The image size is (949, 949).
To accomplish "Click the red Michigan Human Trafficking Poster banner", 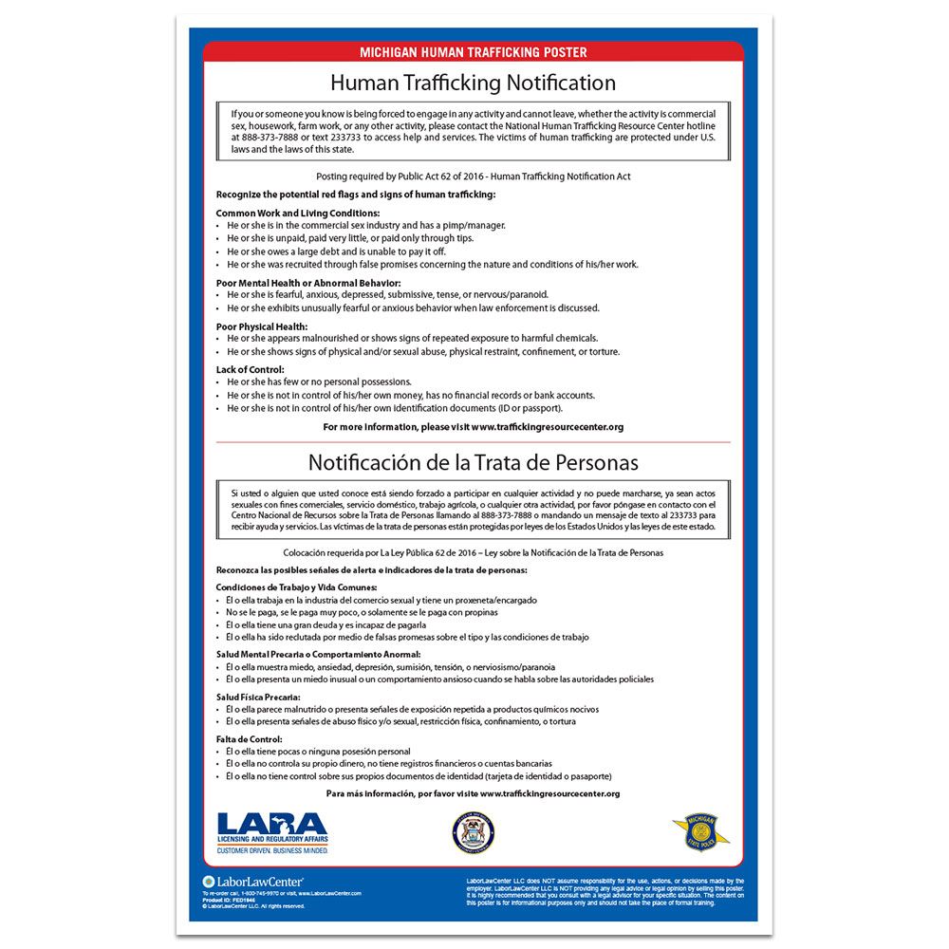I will coord(473,52).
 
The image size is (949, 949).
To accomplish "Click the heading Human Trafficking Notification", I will coord(473,83).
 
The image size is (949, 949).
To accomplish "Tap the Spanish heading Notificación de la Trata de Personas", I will coord(473,462).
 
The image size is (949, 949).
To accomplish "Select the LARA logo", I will coord(272,831).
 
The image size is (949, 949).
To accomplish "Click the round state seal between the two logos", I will coord(473,832).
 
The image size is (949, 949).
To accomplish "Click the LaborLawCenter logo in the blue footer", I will coord(239,882).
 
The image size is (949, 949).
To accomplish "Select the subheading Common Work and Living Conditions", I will coord(298,213).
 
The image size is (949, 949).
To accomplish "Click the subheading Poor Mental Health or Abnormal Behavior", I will coord(308,283).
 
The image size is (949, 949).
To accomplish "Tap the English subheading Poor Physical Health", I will coord(262,326).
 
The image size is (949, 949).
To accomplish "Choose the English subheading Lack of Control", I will coord(250,369).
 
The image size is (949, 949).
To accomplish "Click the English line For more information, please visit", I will coord(473,427).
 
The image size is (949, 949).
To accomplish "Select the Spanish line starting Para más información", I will coord(473,792).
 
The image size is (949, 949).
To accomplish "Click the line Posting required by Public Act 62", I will coord(473,177).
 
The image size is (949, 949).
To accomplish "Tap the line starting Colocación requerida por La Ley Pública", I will coord(473,551).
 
